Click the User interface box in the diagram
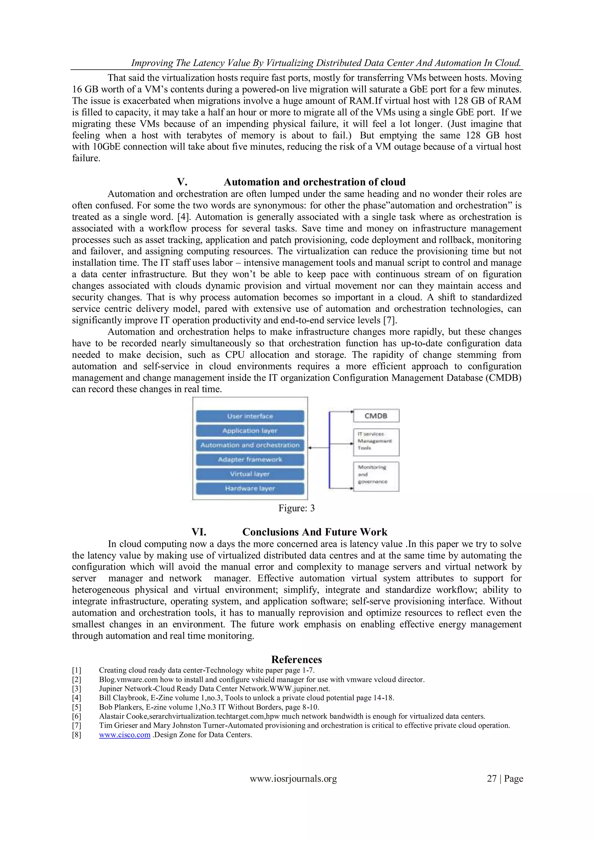click(x=250, y=416)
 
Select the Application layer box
click(x=250, y=431)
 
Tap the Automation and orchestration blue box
click(x=250, y=445)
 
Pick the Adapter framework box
click(x=250, y=459)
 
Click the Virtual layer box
click(x=250, y=474)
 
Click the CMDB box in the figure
click(x=376, y=416)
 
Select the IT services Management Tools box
click(x=376, y=442)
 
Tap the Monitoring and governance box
click(x=376, y=476)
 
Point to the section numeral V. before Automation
click(x=182, y=182)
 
